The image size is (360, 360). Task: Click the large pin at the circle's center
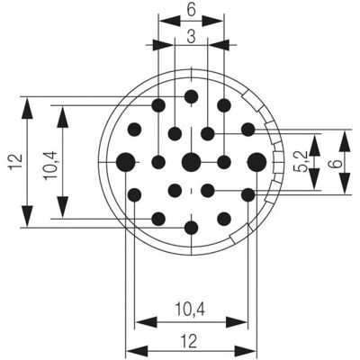[191, 162]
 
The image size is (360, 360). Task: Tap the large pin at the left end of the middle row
[125, 162]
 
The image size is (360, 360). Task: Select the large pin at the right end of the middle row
[256, 162]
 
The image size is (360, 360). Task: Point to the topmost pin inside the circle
[191, 96]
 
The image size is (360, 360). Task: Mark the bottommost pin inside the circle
[191, 228]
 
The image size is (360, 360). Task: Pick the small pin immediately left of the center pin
[158, 162]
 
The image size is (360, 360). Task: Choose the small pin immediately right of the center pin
[224, 162]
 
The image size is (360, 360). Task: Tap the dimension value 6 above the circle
[191, 10]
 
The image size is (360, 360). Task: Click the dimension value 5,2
[302, 161]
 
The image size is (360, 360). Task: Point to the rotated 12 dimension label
[16, 162]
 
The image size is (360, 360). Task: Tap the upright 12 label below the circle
[189, 341]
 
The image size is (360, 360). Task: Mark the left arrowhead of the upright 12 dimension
[137, 351]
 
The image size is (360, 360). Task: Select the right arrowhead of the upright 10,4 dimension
[237, 322]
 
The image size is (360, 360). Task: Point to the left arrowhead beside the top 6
[170, 21]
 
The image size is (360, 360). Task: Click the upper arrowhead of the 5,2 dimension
[314, 145]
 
